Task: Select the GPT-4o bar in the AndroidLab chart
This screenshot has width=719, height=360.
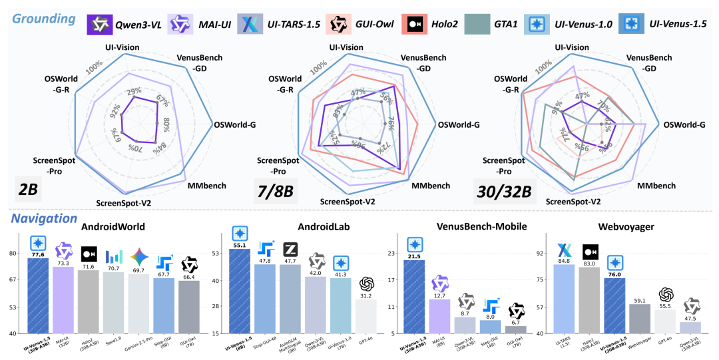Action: tap(367, 316)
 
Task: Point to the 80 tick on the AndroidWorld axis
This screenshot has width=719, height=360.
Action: tap(13, 254)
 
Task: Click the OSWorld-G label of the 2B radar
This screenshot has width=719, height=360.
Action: tap(234, 124)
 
